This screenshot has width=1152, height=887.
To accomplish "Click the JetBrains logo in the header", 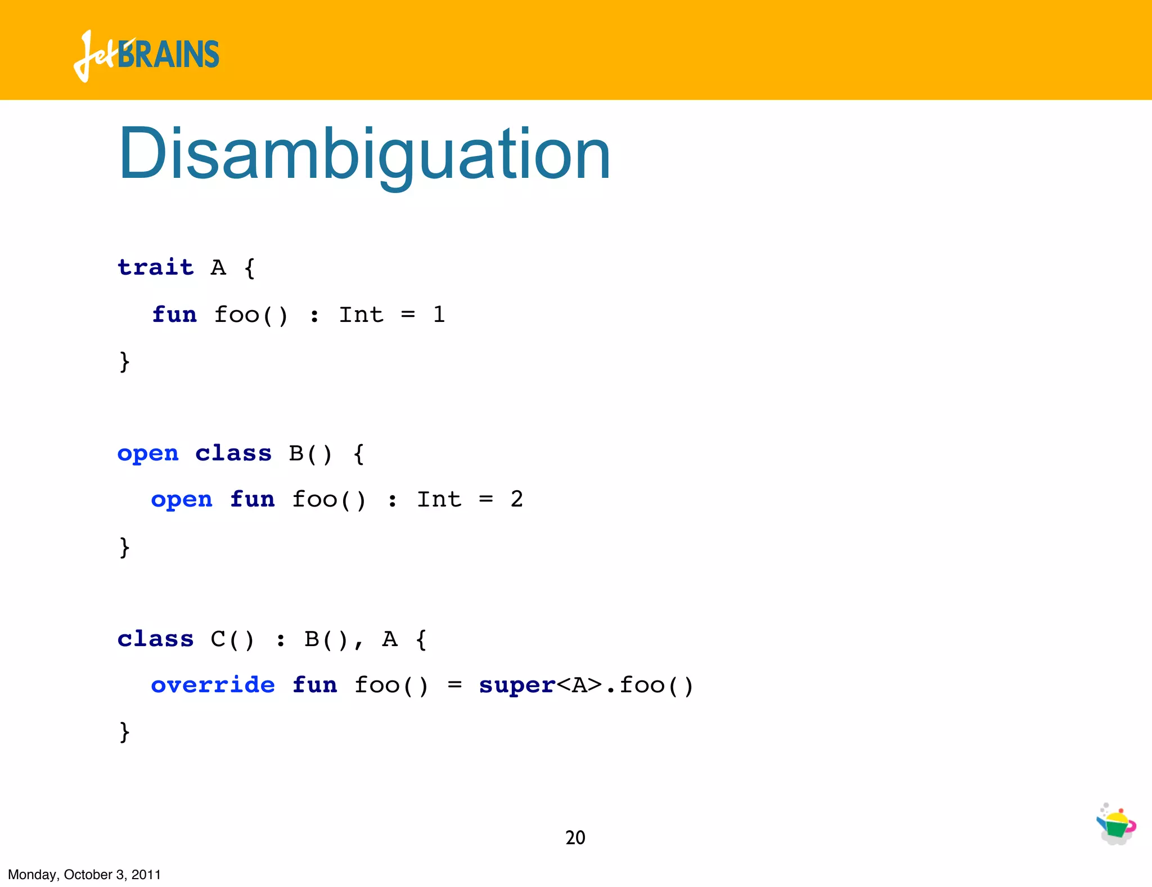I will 146,55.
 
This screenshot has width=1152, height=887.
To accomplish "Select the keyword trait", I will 155,267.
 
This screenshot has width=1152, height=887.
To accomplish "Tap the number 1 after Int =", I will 439,314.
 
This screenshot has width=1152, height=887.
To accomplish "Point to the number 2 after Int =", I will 516,499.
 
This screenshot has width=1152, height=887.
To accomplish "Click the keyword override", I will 213,684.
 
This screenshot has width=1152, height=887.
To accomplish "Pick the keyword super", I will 516,685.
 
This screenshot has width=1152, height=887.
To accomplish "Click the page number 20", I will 575,837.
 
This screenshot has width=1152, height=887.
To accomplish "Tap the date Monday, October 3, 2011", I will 84,875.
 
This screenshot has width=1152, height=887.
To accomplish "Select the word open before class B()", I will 147,453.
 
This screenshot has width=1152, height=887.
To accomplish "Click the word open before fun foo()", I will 181,499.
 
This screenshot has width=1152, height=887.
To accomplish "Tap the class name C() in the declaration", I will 232,639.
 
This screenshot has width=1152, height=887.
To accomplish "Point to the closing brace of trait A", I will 124,361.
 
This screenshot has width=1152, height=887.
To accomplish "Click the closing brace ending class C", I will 124,732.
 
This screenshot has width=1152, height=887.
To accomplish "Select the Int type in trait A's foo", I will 361,314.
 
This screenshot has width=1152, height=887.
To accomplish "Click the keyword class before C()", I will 155,639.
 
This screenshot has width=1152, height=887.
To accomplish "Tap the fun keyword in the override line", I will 314,684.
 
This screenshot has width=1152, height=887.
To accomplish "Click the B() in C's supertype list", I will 326,639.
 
